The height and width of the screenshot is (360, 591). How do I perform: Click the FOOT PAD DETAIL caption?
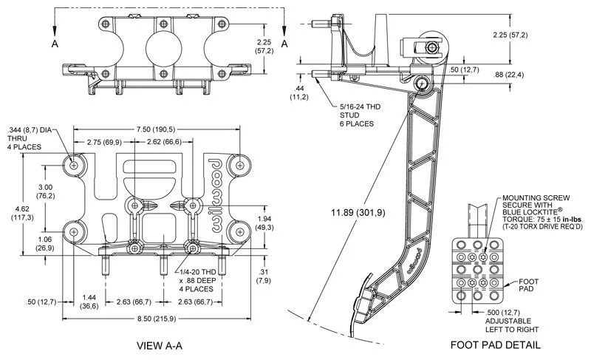(496, 345)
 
